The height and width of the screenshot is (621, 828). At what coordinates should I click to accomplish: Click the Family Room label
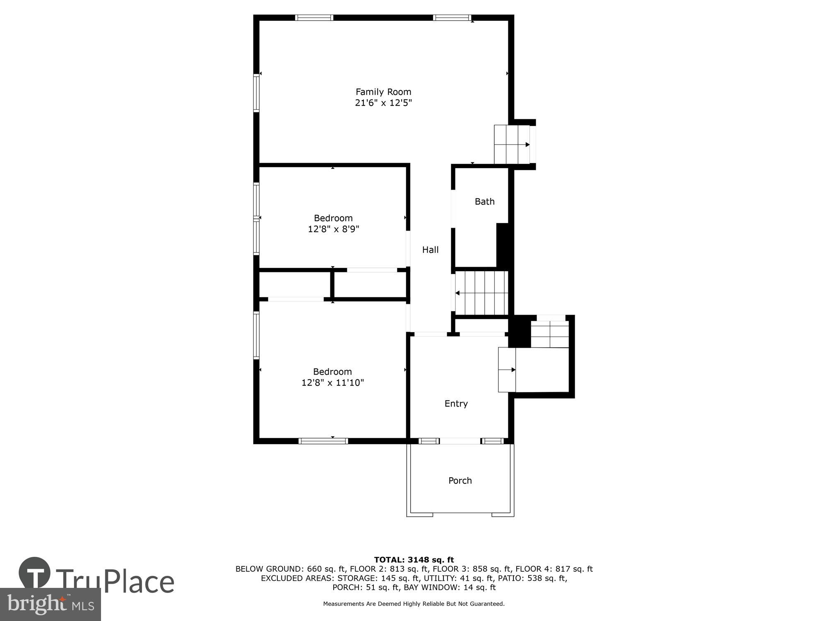point(383,92)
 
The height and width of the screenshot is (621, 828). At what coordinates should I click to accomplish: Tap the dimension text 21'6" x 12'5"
point(383,103)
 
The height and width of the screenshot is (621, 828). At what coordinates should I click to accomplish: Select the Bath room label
point(484,202)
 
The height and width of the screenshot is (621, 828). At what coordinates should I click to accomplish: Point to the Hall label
point(430,250)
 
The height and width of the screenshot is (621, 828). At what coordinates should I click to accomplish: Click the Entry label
point(456,404)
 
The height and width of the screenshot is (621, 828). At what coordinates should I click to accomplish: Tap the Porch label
point(460,481)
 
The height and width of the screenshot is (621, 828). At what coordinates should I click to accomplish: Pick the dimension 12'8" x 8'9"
point(333,229)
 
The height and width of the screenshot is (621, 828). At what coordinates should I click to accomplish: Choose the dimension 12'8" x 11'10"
point(332,383)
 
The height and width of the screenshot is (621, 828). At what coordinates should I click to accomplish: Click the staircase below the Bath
point(481,293)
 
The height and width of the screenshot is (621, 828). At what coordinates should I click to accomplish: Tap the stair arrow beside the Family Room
point(527,144)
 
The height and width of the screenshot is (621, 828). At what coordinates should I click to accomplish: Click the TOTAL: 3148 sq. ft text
point(414,560)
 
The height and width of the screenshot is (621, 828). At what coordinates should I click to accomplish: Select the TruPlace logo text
point(115,582)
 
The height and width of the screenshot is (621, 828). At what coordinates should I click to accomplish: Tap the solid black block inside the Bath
point(502,245)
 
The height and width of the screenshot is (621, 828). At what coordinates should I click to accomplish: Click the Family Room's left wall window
point(256,93)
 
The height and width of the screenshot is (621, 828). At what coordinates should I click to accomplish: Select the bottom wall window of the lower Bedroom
point(323,441)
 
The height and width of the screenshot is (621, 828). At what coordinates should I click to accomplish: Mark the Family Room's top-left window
point(314,18)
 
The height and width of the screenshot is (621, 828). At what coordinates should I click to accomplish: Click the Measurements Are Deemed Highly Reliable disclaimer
point(414,604)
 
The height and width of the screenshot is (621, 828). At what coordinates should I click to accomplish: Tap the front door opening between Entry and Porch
point(460,441)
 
